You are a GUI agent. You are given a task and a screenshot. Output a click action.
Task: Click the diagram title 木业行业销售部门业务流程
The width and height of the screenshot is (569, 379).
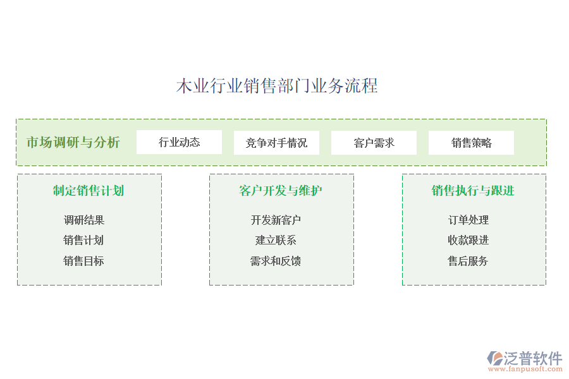pyautogui.click(x=277, y=86)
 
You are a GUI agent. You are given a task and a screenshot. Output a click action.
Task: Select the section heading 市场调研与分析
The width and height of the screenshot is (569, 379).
pyautogui.click(x=73, y=142)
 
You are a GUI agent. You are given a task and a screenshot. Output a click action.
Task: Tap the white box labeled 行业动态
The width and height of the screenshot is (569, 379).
pyautogui.click(x=179, y=142)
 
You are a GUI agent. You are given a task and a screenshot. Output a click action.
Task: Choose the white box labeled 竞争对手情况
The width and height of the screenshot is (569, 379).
pyautogui.click(x=276, y=143)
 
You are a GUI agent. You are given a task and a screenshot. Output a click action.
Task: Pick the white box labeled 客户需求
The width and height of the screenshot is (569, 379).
pyautogui.click(x=374, y=143)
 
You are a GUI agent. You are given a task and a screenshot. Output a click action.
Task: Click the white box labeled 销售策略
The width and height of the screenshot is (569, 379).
pyautogui.click(x=471, y=143)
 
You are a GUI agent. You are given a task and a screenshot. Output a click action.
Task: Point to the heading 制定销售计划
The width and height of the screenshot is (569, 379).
pyautogui.click(x=89, y=191)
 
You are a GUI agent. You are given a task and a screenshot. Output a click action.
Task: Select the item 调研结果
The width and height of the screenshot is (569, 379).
pyautogui.click(x=84, y=220)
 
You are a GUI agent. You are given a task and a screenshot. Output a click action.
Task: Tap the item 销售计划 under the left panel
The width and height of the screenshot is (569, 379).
pyautogui.click(x=83, y=240)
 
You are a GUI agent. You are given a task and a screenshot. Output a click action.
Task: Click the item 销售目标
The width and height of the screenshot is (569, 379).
pyautogui.click(x=83, y=261)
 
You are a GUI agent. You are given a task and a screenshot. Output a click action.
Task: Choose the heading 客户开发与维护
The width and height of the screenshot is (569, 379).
pyautogui.click(x=281, y=191)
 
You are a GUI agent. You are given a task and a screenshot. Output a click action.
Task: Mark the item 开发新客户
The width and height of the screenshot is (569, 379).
pyautogui.click(x=276, y=220)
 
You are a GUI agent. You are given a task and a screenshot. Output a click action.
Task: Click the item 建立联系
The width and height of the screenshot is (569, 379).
pyautogui.click(x=276, y=240)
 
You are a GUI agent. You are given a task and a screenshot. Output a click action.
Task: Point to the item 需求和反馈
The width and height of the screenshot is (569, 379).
pyautogui.click(x=276, y=261)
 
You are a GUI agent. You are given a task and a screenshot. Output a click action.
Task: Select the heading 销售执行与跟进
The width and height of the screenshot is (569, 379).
pyautogui.click(x=473, y=191)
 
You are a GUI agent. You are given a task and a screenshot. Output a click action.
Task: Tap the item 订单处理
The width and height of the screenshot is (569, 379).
pyautogui.click(x=468, y=220)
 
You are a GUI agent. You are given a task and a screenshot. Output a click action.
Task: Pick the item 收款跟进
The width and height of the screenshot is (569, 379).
pyautogui.click(x=468, y=240)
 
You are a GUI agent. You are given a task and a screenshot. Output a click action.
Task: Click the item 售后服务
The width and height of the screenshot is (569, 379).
pyautogui.click(x=468, y=261)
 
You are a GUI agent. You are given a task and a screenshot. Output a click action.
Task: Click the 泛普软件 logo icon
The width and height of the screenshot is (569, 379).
pyautogui.click(x=495, y=358)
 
